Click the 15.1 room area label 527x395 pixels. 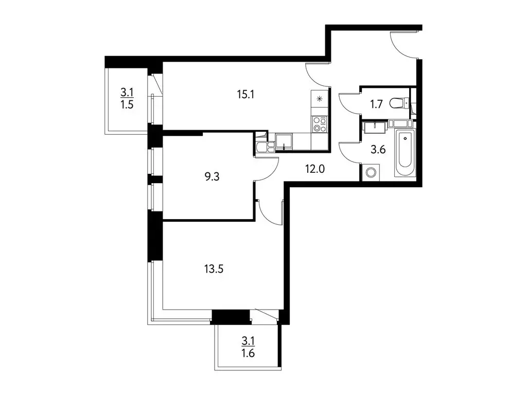point(245,95)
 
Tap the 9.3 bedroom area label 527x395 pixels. point(212,176)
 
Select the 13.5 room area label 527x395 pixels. point(214,269)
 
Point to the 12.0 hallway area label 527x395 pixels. point(315,169)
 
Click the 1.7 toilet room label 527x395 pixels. point(376,104)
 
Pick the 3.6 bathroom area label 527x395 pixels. point(378,150)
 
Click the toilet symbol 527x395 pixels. point(399,103)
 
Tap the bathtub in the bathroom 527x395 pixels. point(405,152)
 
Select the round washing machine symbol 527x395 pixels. point(371,173)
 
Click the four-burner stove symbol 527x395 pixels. point(319,124)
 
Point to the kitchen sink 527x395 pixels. point(284,141)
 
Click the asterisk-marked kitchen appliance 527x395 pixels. point(319,99)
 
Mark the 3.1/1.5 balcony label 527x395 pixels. point(127,98)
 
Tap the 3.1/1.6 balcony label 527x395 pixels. point(248,347)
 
